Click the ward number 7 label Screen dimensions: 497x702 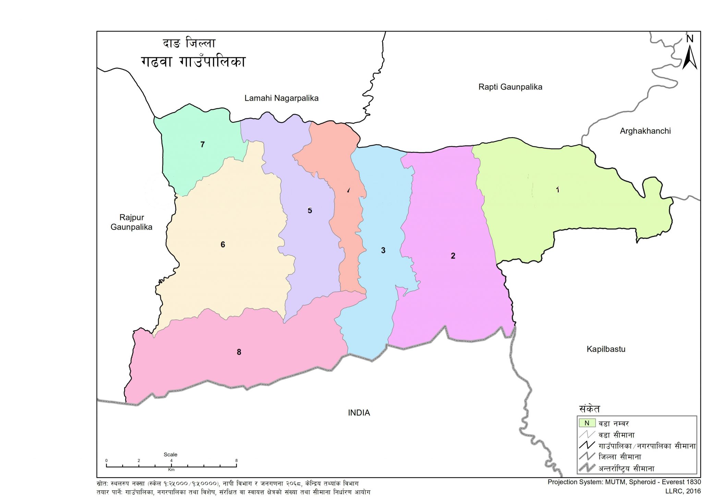(x=203, y=145)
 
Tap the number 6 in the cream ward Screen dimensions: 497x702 (x=223, y=245)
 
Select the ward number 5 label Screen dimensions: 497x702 (x=310, y=211)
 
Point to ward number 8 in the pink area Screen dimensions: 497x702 (x=239, y=352)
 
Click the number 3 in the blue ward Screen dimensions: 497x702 (x=383, y=251)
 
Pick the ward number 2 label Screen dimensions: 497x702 (x=453, y=256)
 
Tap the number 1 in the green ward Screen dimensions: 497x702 (x=558, y=190)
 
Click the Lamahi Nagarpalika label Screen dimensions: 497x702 (x=281, y=98)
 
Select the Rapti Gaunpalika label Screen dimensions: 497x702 (x=510, y=87)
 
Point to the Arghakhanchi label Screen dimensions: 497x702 (x=645, y=131)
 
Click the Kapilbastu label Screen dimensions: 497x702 (x=606, y=349)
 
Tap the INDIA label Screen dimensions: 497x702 (x=359, y=413)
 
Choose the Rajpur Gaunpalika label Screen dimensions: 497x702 (x=131, y=222)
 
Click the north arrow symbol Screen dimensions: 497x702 (x=690, y=57)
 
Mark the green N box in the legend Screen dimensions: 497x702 (x=587, y=423)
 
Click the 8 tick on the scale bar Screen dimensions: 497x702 (x=236, y=461)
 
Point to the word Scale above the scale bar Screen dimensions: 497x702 (x=170, y=454)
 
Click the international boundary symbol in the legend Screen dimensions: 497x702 (x=586, y=468)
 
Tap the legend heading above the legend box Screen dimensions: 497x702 (x=589, y=409)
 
